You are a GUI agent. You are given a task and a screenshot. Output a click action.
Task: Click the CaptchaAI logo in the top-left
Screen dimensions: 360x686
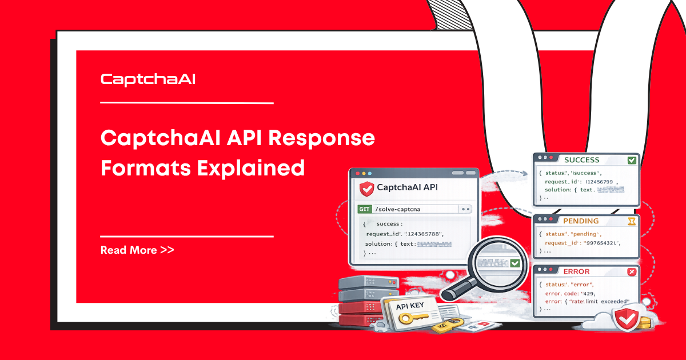coord(148,79)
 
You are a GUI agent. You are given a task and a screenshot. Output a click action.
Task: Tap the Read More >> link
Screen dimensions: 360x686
coord(137,250)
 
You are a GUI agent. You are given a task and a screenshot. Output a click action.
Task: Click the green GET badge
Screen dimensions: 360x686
coord(364,209)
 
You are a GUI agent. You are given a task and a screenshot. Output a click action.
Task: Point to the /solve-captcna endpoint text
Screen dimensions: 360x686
coord(397,209)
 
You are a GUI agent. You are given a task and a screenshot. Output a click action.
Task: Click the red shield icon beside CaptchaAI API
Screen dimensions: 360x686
coord(366,188)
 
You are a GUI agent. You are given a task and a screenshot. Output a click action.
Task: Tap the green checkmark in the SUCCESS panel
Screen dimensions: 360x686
coord(632,160)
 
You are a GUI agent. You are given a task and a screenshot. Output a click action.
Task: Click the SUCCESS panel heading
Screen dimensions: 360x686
coord(581,160)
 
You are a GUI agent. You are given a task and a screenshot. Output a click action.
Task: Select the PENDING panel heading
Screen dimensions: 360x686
coord(580,221)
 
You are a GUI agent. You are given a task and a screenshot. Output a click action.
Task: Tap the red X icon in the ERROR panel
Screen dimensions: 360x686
coord(632,272)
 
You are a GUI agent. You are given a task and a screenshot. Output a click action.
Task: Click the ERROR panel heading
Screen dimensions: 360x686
coord(576,272)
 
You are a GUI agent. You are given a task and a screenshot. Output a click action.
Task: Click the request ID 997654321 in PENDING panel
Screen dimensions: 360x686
coord(601,243)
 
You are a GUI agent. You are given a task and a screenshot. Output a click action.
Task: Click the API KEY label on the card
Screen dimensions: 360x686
coord(410,305)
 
